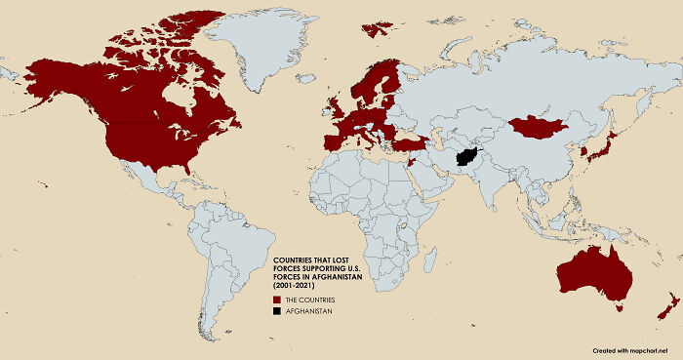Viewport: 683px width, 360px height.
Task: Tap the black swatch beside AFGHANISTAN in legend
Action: pos(277,310)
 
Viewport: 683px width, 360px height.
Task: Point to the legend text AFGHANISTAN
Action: pos(306,310)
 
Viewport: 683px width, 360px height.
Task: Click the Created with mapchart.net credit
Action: pos(633,349)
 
